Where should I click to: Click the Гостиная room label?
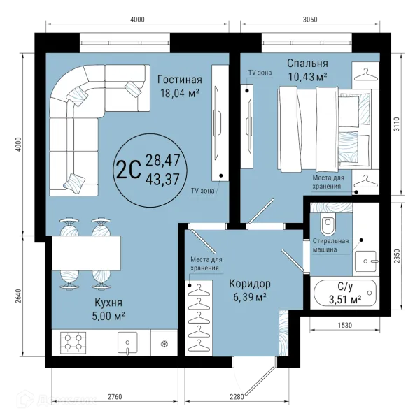[x=179, y=80]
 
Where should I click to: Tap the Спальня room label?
[x=307, y=64]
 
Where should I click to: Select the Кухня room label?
[x=108, y=303]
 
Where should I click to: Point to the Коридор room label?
[x=250, y=284]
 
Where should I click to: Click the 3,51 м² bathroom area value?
[x=345, y=300]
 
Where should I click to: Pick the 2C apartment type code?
[x=129, y=170]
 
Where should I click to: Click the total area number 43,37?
[x=162, y=179]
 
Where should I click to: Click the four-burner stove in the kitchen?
[x=73, y=342]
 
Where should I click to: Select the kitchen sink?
[x=127, y=343]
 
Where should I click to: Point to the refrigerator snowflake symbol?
[x=164, y=344]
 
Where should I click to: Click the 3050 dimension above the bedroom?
[x=310, y=20]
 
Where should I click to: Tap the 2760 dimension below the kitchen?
[x=115, y=396]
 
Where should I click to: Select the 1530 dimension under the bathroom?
[x=345, y=325]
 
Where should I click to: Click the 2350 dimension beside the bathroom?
[x=397, y=256]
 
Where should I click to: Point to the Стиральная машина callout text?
[x=330, y=245]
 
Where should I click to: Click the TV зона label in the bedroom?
[x=260, y=73]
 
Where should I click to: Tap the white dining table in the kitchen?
[x=86, y=253]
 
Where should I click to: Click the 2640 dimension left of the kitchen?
[x=18, y=296]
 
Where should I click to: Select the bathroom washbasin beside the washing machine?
[x=365, y=261]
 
